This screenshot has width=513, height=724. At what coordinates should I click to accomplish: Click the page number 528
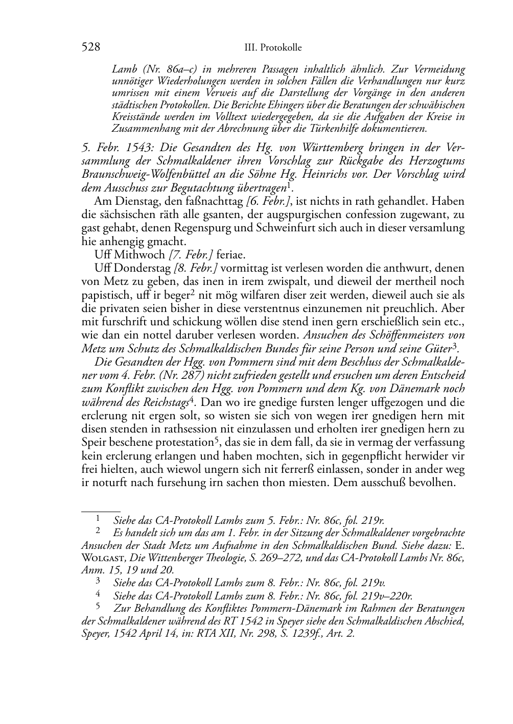pyautogui.click(x=90, y=47)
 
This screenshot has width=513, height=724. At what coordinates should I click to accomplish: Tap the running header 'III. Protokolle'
pyautogui.click(x=273, y=48)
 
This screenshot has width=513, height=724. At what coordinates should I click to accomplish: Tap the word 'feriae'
pyautogui.click(x=231, y=254)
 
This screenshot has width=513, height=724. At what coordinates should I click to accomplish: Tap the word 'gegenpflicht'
pyautogui.click(x=299, y=455)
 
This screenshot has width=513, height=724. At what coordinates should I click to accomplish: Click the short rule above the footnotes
pyautogui.click(x=101, y=510)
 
